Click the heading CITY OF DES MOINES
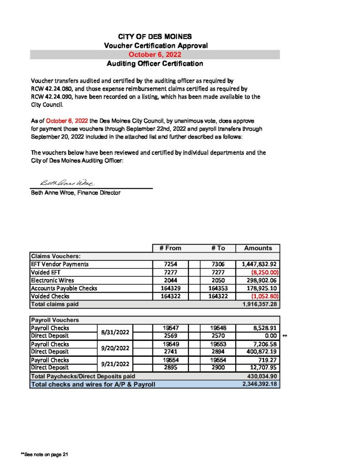(155, 36)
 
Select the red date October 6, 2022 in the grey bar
(155, 55)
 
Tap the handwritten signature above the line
(67, 183)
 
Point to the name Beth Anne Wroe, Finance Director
(75, 193)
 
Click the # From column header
(170, 248)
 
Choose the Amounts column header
(258, 248)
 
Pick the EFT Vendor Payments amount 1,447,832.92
(258, 264)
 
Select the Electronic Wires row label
(52, 280)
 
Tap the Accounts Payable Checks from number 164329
(170, 288)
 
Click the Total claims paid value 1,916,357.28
(258, 304)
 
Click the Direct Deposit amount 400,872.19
(258, 352)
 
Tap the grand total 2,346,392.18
(258, 385)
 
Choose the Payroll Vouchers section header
(55, 320)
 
